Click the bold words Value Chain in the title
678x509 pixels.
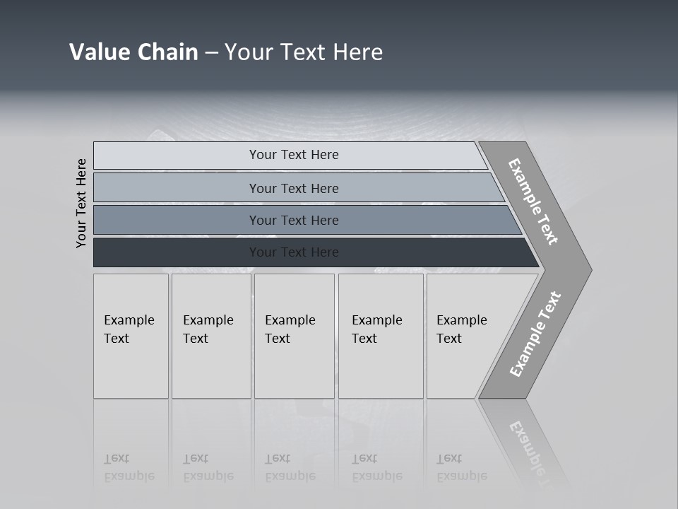133,52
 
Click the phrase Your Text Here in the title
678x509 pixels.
304,52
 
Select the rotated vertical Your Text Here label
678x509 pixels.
81,203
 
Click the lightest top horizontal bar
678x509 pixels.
177,156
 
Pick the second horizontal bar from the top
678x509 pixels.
177,188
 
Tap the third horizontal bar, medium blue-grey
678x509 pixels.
177,220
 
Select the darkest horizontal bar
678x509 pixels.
177,252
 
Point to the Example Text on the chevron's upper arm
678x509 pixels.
533,201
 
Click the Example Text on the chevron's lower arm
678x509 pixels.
535,334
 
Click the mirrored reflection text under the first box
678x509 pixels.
129,467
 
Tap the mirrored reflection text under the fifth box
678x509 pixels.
461,467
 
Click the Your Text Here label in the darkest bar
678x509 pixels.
294,252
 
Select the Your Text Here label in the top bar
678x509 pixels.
294,155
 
